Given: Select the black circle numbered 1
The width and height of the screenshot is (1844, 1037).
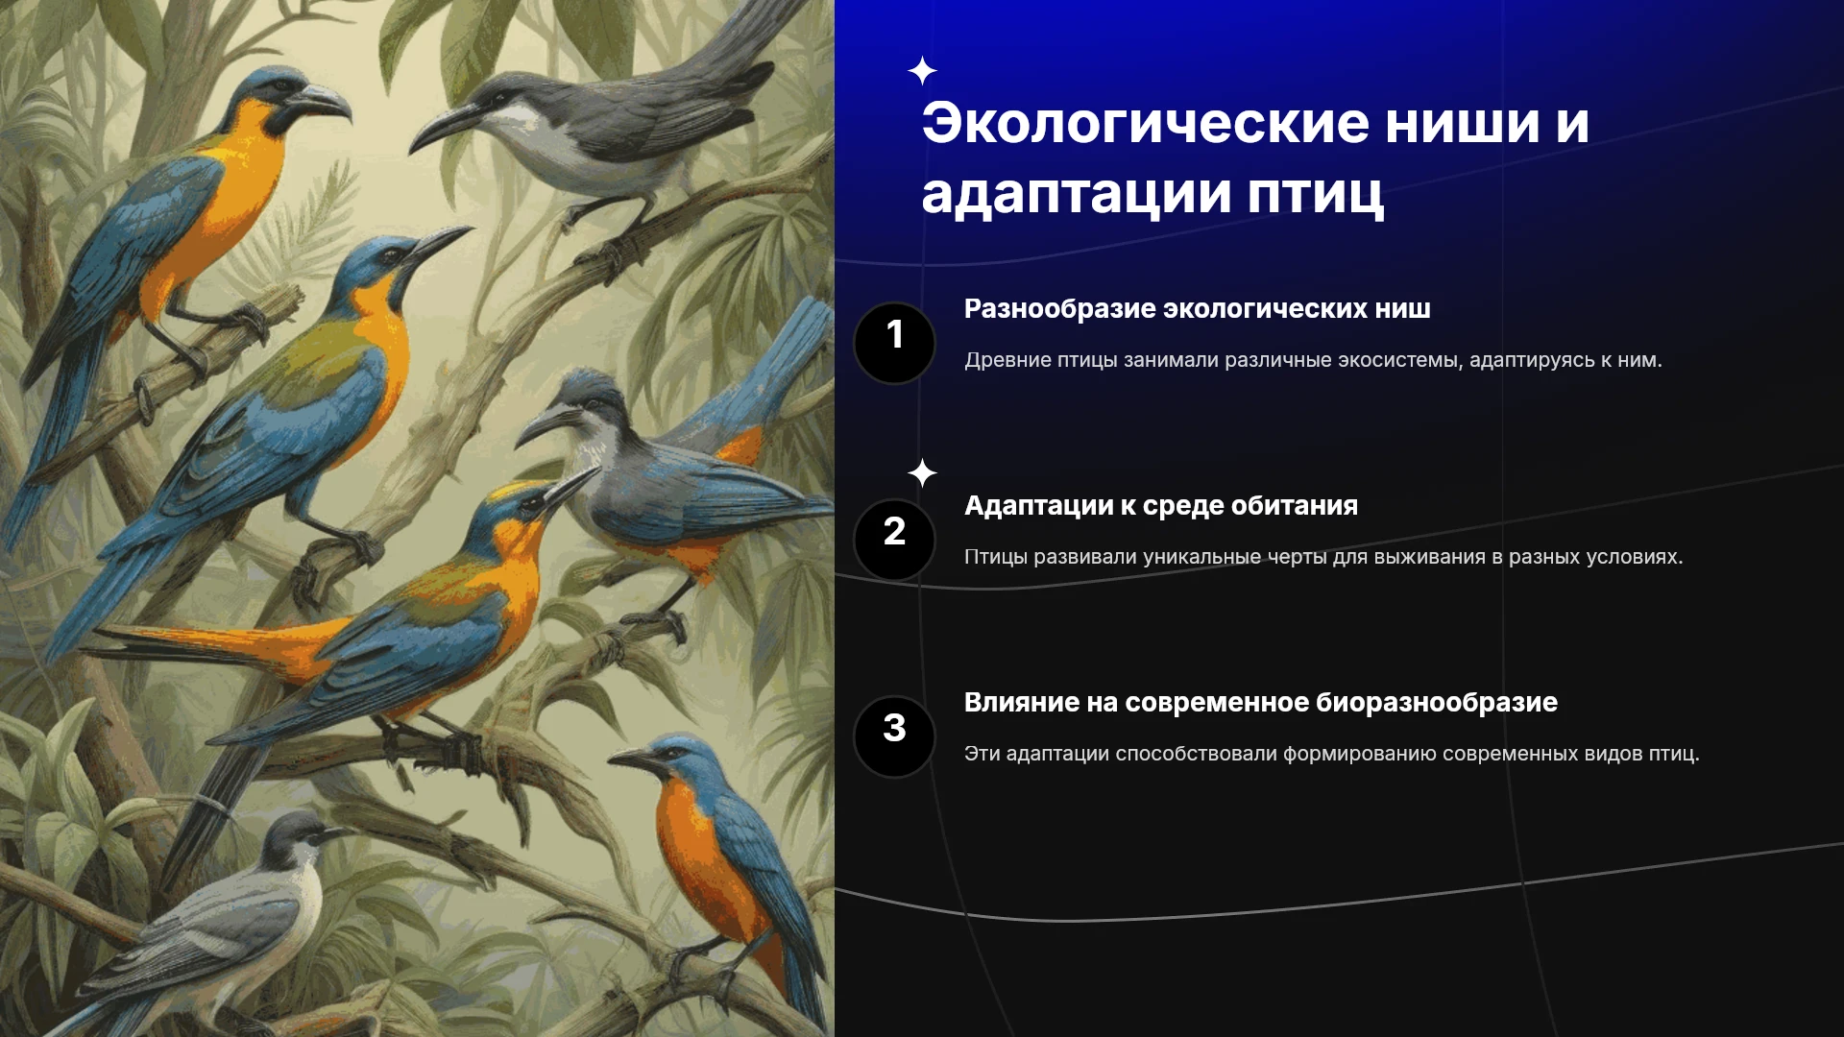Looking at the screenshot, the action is pyautogui.click(x=894, y=343).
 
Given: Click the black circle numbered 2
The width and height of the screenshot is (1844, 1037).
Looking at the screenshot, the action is pyautogui.click(x=894, y=540).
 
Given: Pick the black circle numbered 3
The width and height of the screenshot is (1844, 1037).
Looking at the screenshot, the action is pyautogui.click(x=894, y=736).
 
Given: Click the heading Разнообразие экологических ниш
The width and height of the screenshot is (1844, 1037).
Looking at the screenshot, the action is pyautogui.click(x=1198, y=309).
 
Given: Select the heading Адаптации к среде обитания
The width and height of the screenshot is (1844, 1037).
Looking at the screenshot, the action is pyautogui.click(x=1161, y=506).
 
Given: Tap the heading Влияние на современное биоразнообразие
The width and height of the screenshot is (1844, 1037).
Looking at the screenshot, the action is pyautogui.click(x=1261, y=703).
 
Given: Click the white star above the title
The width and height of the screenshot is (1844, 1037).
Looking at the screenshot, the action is pyautogui.click(x=922, y=71).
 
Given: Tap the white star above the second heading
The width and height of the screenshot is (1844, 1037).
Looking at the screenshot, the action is pyautogui.click(x=922, y=472).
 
